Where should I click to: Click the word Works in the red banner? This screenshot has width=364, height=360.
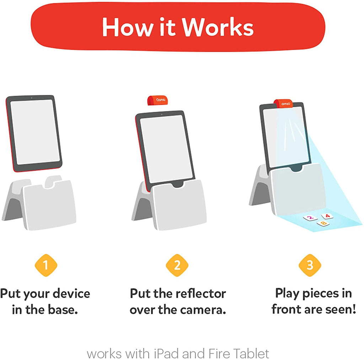(x=218, y=27)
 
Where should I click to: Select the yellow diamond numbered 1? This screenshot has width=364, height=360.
(x=46, y=265)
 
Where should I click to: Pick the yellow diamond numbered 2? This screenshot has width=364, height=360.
(x=177, y=265)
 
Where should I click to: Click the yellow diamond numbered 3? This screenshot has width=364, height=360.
(x=310, y=265)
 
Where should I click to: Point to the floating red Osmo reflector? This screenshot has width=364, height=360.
(x=157, y=100)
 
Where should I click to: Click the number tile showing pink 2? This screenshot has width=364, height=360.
(x=310, y=218)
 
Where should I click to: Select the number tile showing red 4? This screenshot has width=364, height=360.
(x=327, y=216)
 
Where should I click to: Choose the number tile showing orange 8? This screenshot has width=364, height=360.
(x=323, y=223)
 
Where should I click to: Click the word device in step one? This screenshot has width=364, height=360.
(x=71, y=293)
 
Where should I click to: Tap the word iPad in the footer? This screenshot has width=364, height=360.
(x=167, y=354)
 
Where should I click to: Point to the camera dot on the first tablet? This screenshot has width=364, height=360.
(x=32, y=98)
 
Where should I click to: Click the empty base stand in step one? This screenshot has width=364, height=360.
(x=39, y=202)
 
